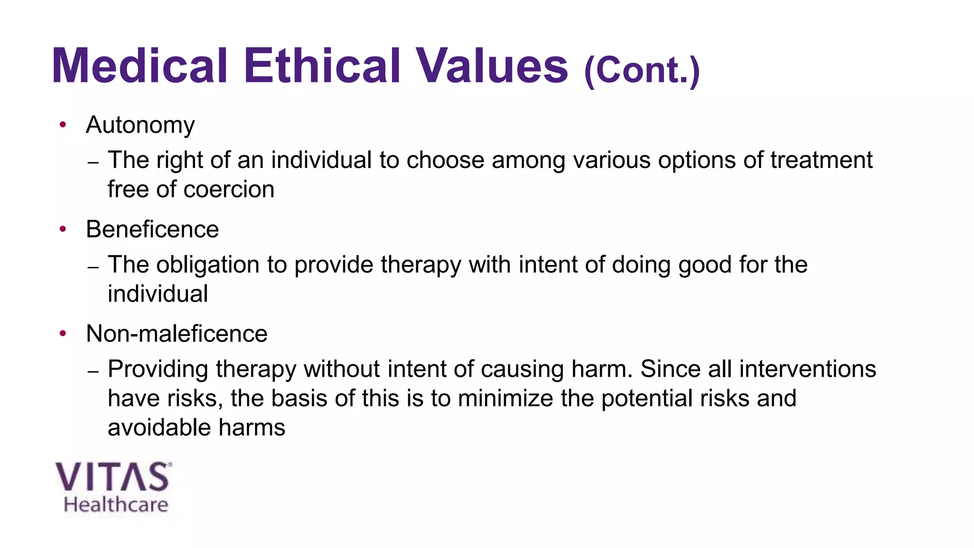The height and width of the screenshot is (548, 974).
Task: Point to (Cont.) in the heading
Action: [x=642, y=70]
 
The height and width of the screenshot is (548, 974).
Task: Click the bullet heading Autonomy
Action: [x=140, y=125]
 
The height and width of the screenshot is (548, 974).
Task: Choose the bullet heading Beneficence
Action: [x=152, y=229]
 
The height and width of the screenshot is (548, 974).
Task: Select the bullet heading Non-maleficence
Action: [x=176, y=333]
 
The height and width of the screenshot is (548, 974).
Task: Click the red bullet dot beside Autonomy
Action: [x=63, y=125]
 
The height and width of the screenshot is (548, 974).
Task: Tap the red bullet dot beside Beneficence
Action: [x=63, y=229]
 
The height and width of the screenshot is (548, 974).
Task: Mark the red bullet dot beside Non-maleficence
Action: [x=63, y=333]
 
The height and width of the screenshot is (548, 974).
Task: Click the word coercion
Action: [x=229, y=189]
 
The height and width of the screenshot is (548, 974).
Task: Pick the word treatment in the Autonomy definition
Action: [x=821, y=160]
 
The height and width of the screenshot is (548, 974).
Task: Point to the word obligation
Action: [x=207, y=265]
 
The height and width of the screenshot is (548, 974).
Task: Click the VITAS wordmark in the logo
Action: [x=112, y=477]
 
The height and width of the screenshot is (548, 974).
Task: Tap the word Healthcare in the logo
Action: [x=116, y=505]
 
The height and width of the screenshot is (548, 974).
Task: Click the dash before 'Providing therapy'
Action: [x=93, y=371]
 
